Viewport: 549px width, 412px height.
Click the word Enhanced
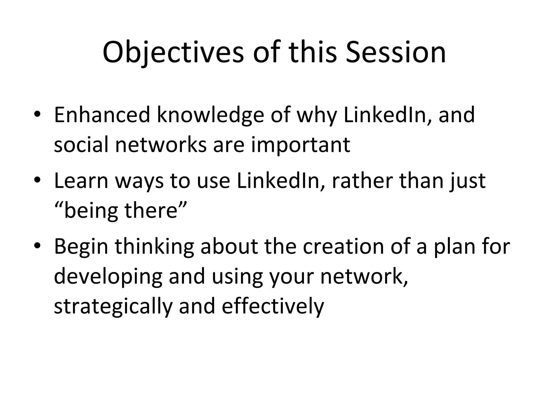(x=102, y=115)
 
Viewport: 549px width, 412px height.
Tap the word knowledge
(x=210, y=115)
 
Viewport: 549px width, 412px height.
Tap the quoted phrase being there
(x=120, y=211)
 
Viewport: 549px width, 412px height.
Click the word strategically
(x=113, y=307)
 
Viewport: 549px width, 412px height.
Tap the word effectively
(x=273, y=307)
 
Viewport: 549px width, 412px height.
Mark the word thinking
(x=154, y=246)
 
